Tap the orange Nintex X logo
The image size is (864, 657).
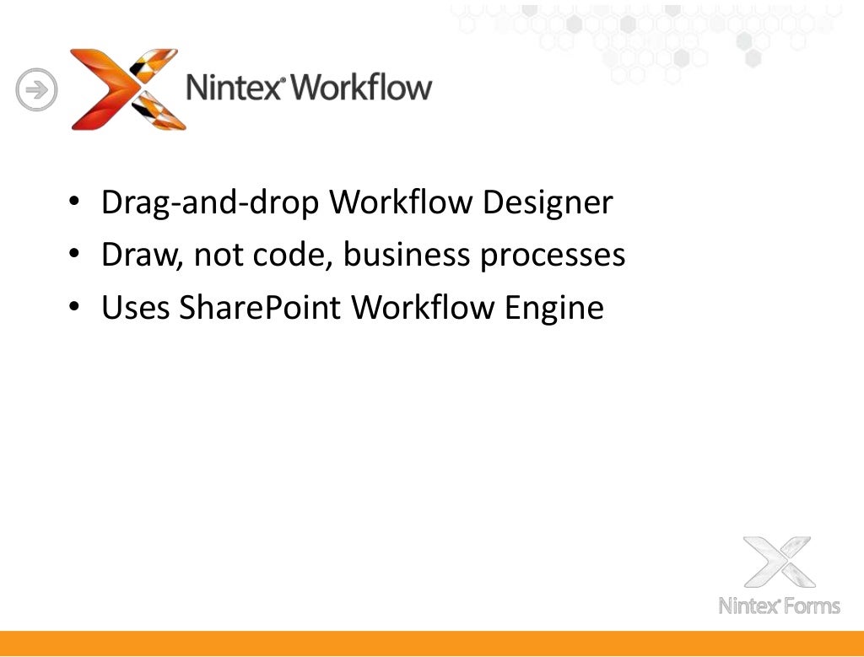coord(127,89)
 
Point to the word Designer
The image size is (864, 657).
coord(548,203)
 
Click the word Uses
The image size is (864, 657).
coord(135,308)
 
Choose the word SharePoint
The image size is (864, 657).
coord(261,308)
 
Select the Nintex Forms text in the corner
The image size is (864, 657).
coord(779,606)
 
